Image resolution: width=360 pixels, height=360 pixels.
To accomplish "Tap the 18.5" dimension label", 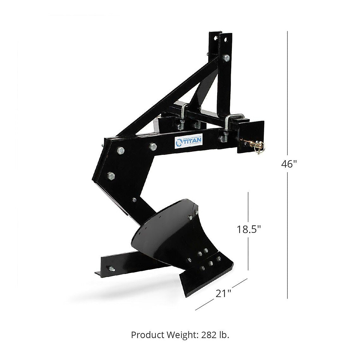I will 249,229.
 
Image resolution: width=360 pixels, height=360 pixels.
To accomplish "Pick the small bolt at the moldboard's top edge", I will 190,217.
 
